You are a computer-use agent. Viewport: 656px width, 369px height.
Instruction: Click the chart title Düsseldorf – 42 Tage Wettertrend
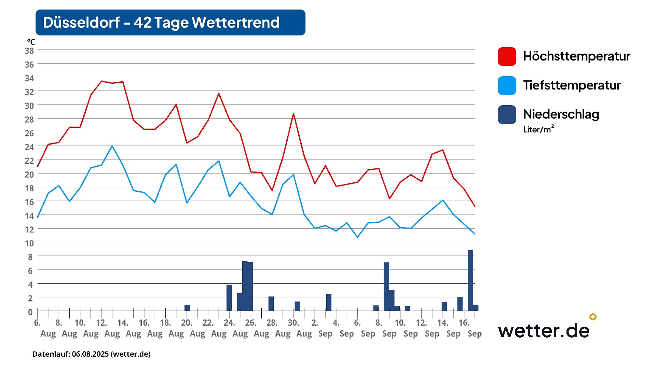coord(161,22)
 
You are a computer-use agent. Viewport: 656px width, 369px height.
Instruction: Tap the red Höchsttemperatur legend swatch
coord(507,57)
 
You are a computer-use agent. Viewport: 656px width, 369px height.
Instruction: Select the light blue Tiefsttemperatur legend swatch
coord(507,85)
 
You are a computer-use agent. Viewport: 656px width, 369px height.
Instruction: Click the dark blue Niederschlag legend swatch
coord(507,115)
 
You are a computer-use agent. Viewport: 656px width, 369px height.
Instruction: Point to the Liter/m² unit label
coord(538,129)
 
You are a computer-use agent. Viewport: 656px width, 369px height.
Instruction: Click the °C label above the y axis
coord(31,42)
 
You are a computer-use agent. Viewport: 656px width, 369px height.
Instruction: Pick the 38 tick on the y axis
coord(29,51)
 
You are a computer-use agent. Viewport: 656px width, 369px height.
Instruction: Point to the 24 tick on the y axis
coord(29,147)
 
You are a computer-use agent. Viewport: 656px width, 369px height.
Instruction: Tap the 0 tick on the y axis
coord(30,312)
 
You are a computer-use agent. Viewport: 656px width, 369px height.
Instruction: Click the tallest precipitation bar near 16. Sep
coord(470,280)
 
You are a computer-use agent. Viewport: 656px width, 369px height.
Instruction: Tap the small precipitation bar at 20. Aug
coord(187,308)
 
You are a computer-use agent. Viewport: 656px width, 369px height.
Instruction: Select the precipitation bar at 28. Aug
coord(271,303)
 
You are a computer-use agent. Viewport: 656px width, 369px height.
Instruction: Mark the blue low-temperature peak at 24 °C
coord(112,146)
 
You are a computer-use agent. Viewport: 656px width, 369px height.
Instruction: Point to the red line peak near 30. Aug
coord(293,113)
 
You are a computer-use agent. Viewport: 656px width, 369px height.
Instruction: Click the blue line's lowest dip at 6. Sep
coord(357,237)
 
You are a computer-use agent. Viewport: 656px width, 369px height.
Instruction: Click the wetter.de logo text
coord(543,331)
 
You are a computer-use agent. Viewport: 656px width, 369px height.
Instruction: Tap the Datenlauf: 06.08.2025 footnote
coord(91,354)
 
